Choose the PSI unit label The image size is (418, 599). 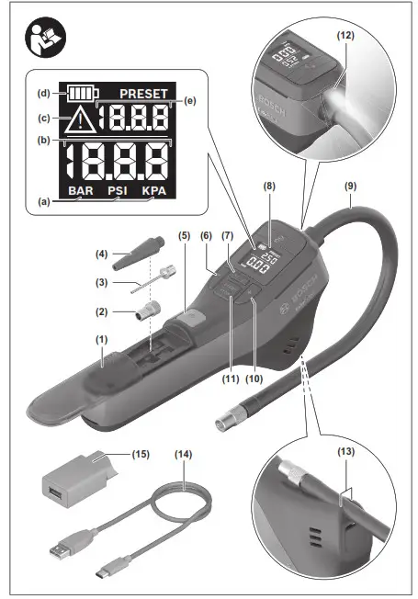[x=117, y=191]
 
